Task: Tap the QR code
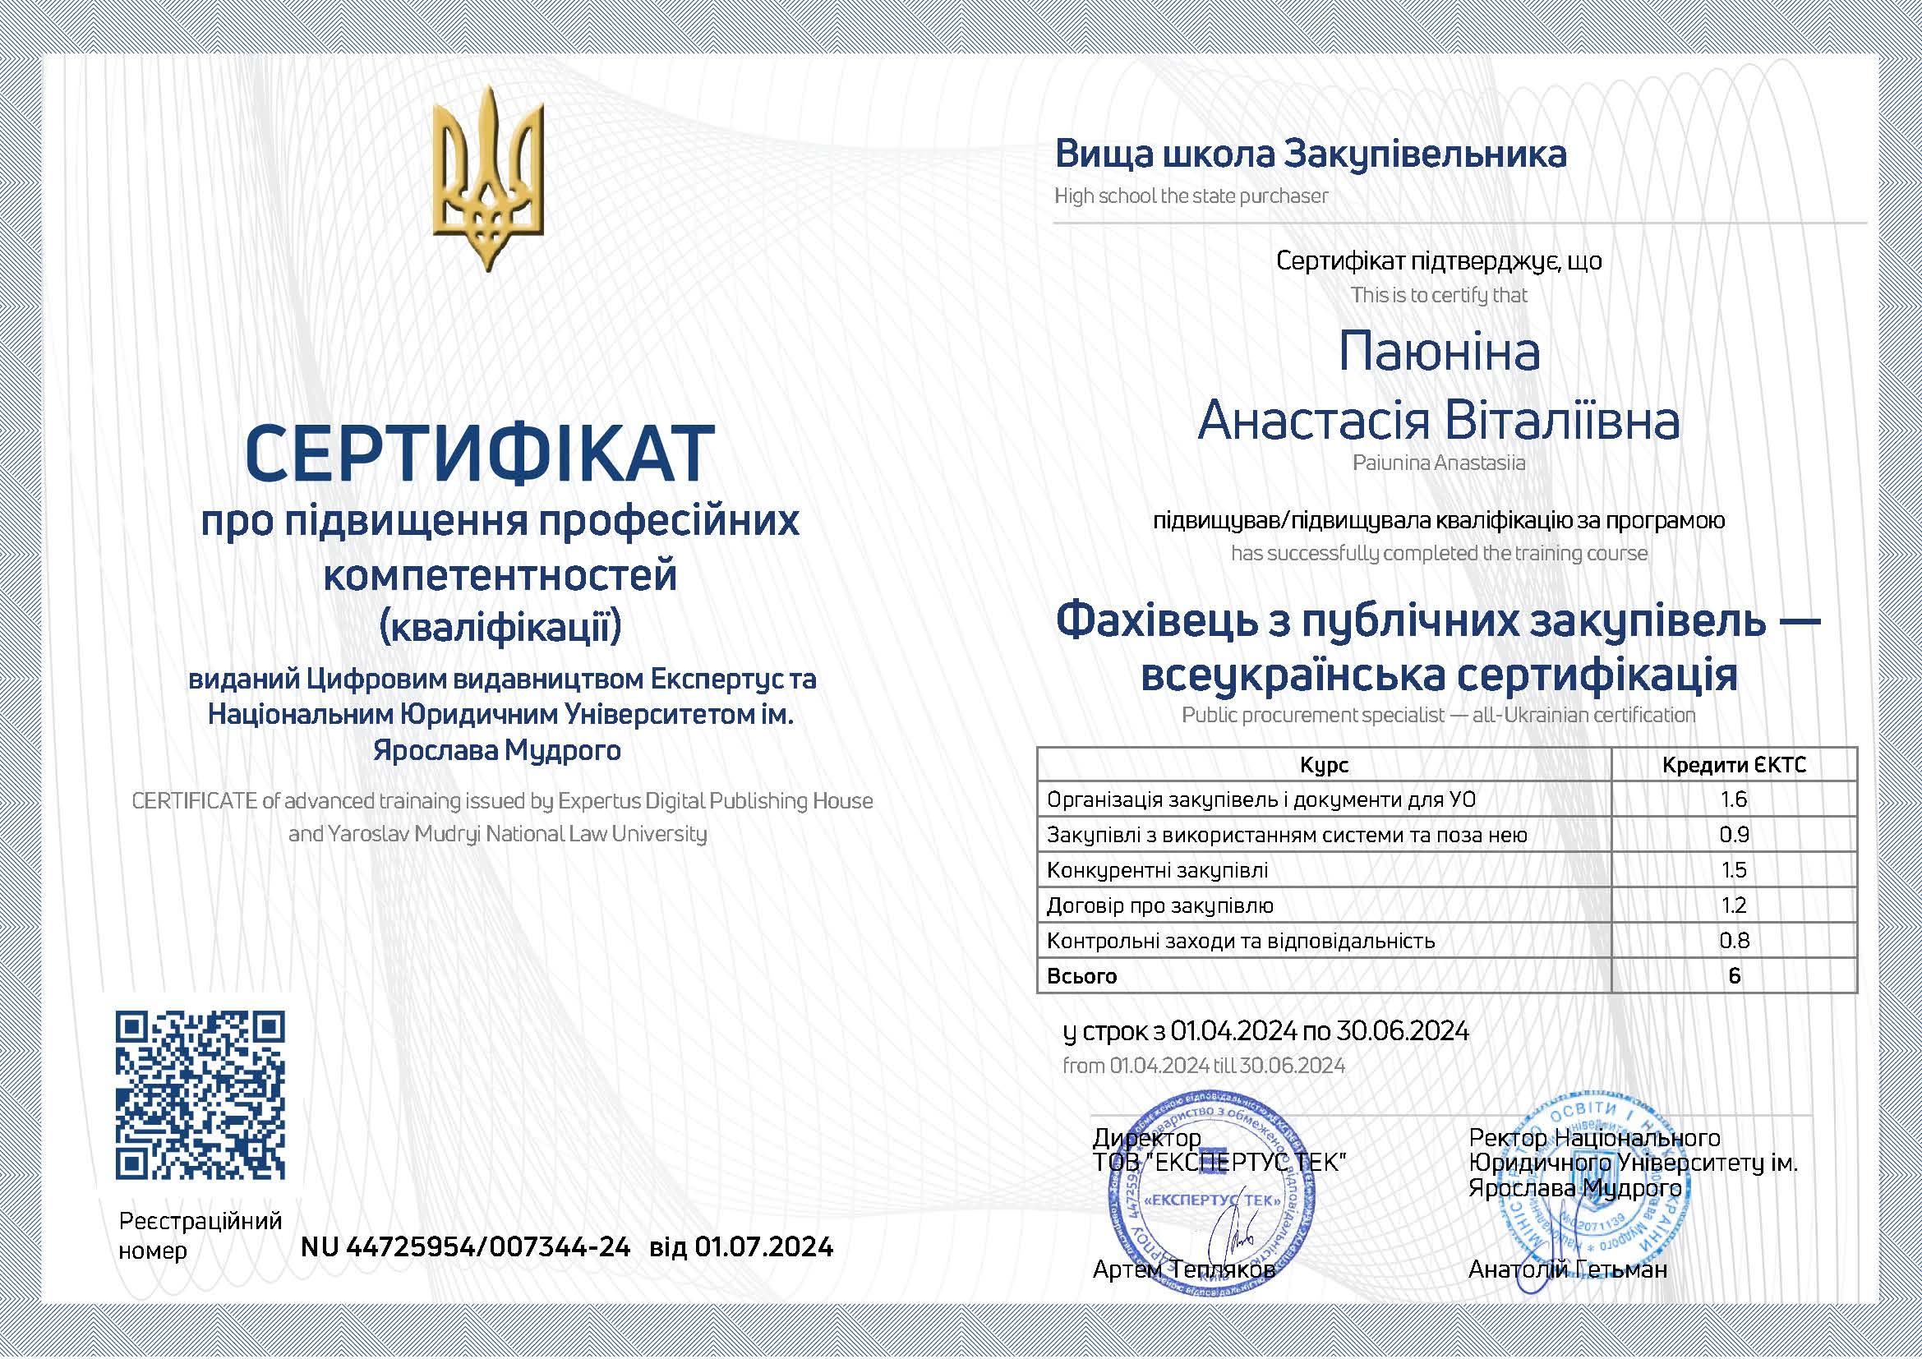pos(200,1095)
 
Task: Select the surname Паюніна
pos(1439,352)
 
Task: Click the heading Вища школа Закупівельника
pos(1310,154)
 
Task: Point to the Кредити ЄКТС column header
pos(1734,765)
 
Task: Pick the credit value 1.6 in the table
pos(1734,800)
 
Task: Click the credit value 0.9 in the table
pos(1734,835)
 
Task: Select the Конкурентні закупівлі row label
pos(1157,870)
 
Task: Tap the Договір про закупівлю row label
pos(1160,905)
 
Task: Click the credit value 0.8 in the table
pos(1734,941)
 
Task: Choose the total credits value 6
pos(1734,976)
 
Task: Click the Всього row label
pos(1081,976)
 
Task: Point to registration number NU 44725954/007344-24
pos(465,1248)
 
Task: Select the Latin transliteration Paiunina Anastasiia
pos(1439,463)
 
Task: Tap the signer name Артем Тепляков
pos(1183,1269)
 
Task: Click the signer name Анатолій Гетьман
pos(1567,1269)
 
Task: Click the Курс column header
pos(1324,765)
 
